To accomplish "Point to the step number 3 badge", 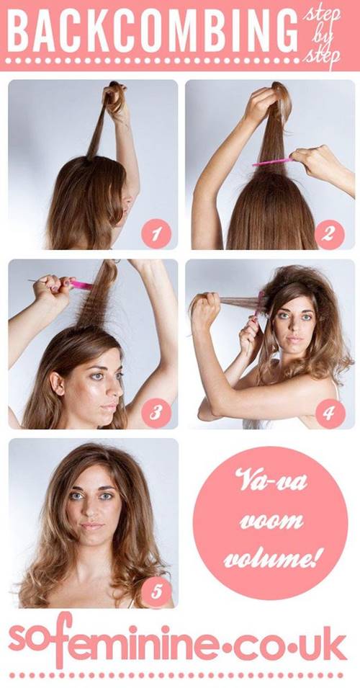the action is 156,413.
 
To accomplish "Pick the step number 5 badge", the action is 156,591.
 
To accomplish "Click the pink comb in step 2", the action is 273,162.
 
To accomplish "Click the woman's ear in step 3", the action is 56,383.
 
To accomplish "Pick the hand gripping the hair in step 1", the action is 115,97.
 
